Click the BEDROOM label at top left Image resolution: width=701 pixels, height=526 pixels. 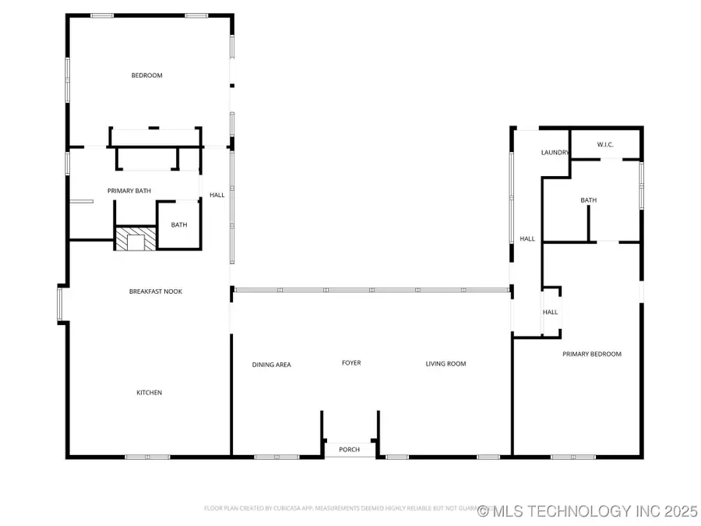(x=146, y=76)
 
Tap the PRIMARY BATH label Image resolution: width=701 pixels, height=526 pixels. (x=129, y=191)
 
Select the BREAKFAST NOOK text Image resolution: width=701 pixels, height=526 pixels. (x=156, y=291)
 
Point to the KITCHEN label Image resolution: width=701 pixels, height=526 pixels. (x=150, y=393)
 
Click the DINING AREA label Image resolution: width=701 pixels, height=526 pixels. (x=272, y=365)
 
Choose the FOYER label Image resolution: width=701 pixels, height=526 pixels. (x=351, y=363)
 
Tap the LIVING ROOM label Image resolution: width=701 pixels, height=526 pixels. (x=446, y=364)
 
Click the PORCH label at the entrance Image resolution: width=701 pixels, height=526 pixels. (x=350, y=450)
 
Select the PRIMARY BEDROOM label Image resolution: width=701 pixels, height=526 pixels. (x=592, y=355)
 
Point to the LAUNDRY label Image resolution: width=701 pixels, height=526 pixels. (x=555, y=153)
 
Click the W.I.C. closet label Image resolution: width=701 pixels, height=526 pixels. (x=607, y=145)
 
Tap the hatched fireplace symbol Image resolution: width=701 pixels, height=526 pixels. (x=136, y=238)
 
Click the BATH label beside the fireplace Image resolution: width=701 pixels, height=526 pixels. (x=179, y=225)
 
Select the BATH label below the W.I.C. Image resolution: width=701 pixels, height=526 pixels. (x=588, y=201)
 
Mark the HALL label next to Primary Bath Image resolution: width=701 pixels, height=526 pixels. (x=217, y=195)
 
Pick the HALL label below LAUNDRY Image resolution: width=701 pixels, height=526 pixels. (x=527, y=239)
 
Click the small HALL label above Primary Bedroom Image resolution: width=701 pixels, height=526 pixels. (x=551, y=312)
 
